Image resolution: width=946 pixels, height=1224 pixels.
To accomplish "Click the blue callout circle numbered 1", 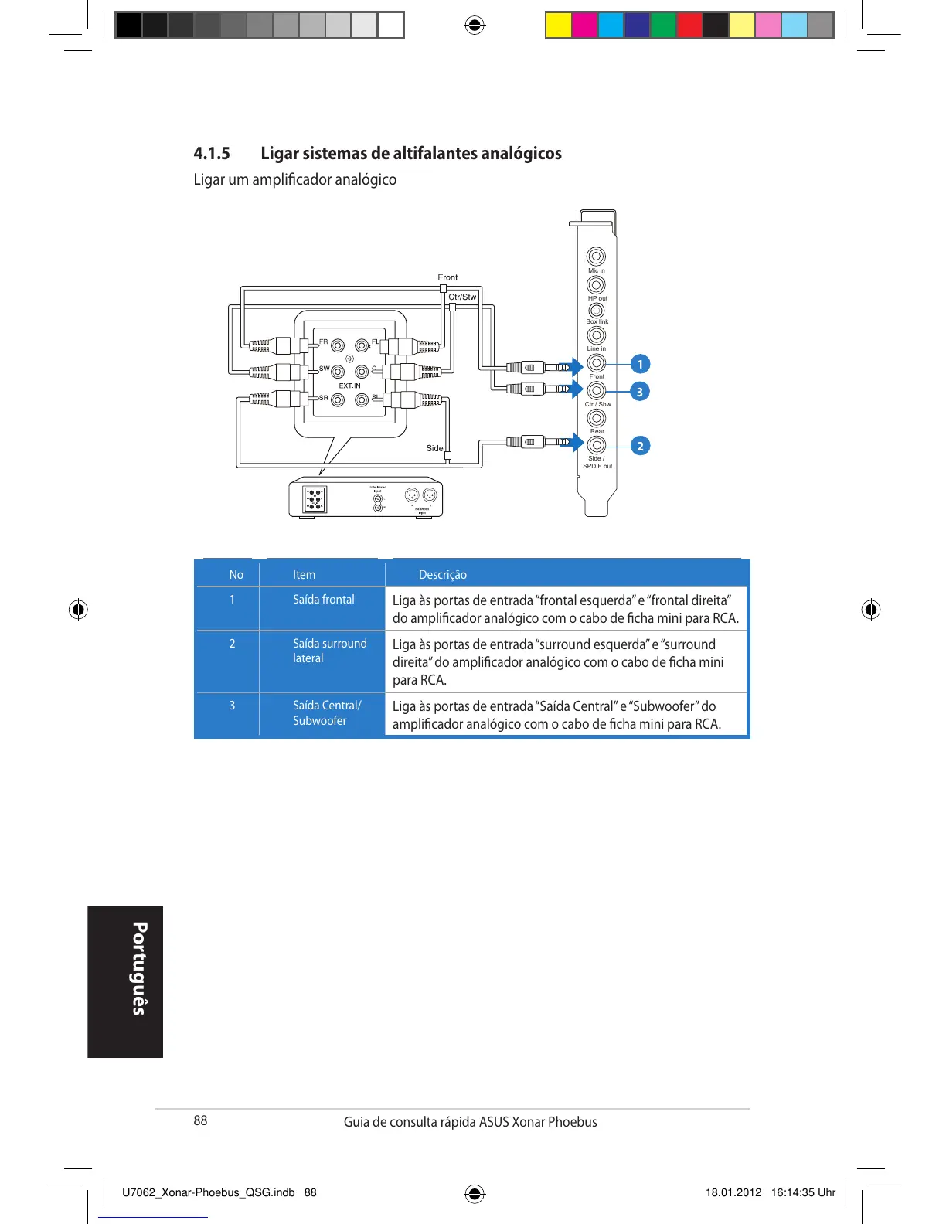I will [x=639, y=364].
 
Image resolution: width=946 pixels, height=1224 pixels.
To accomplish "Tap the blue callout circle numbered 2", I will [x=639, y=446].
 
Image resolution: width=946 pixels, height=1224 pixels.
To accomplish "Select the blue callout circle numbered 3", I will [x=639, y=392].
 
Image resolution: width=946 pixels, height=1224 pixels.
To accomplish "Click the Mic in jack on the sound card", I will [x=596, y=257].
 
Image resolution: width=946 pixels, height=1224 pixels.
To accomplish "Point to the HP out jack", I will [x=596, y=285].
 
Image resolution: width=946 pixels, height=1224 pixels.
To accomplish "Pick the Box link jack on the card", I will [x=596, y=311].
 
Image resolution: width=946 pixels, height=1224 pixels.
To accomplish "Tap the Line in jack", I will [x=596, y=335].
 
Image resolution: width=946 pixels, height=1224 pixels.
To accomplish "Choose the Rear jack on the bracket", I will [x=596, y=418].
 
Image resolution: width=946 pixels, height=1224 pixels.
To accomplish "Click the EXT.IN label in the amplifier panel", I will [x=349, y=386].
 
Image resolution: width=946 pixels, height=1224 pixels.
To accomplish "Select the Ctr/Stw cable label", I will [x=462, y=297].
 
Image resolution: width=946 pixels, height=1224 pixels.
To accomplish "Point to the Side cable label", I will [x=434, y=448].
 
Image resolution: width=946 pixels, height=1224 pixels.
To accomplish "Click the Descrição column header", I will [x=442, y=575].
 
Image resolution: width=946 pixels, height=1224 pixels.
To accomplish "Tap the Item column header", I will [x=304, y=575].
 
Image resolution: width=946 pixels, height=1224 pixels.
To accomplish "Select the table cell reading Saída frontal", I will [x=323, y=600].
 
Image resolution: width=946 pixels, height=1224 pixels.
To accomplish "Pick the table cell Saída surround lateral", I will [x=329, y=651].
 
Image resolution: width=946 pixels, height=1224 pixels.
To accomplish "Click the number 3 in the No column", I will [x=232, y=705].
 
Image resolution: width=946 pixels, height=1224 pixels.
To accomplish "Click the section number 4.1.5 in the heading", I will [x=212, y=153].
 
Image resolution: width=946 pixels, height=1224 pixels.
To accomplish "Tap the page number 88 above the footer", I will [x=200, y=1120].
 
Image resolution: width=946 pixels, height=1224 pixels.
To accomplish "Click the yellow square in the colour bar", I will [x=558, y=25].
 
